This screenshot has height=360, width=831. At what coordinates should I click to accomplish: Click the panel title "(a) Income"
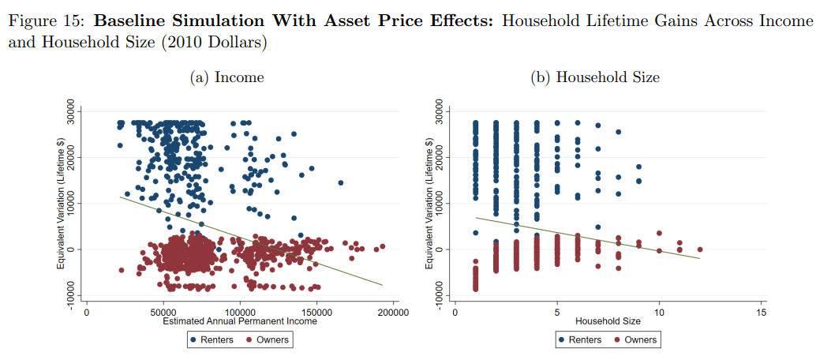[x=226, y=77]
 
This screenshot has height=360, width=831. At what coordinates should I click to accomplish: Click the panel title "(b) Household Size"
[x=608, y=77]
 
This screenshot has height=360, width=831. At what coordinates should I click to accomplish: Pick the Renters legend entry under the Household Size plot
[x=580, y=340]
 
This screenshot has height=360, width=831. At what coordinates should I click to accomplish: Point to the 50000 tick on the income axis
[x=163, y=313]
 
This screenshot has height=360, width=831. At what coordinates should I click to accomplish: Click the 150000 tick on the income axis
[x=316, y=313]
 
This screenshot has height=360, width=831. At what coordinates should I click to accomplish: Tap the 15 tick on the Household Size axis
[x=761, y=313]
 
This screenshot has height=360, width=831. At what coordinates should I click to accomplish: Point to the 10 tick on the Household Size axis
[x=659, y=313]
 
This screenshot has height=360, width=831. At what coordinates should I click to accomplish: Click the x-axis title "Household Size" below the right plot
[x=608, y=321]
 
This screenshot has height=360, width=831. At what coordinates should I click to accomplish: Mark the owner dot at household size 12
[x=700, y=249]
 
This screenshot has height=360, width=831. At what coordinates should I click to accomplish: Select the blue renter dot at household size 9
[x=638, y=167]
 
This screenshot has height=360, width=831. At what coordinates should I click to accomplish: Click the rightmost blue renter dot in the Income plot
[x=341, y=183]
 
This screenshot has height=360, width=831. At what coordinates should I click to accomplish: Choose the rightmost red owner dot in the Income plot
[x=382, y=246]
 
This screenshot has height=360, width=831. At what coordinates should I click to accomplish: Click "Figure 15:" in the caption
[x=44, y=21]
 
